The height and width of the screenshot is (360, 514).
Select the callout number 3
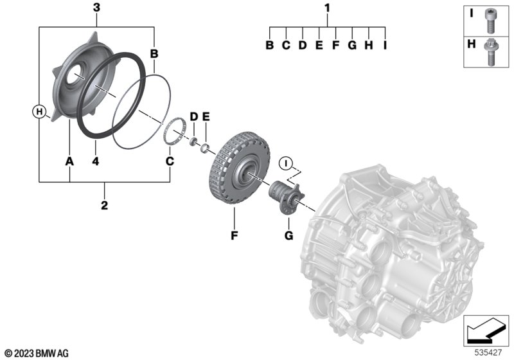click(x=96, y=8)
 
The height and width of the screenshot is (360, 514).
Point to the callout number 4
click(x=95, y=161)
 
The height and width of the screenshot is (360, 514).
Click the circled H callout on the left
click(x=40, y=113)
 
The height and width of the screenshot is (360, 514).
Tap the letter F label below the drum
click(x=235, y=237)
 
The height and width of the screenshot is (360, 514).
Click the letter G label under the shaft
click(x=288, y=237)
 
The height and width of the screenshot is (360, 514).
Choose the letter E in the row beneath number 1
click(x=318, y=46)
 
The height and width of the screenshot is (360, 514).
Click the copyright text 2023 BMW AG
click(x=36, y=352)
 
